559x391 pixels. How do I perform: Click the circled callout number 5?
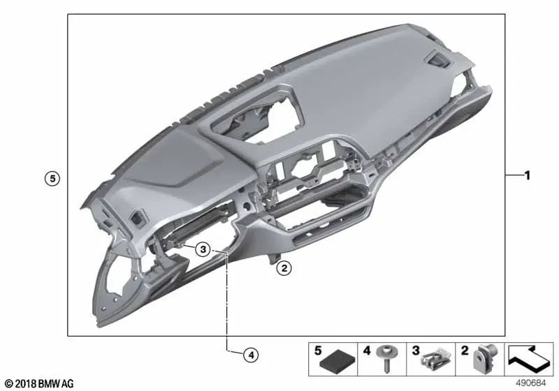tap(52, 179)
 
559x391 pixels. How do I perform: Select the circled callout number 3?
tap(203, 249)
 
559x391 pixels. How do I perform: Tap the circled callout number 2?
tap(284, 268)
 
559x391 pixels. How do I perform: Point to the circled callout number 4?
tap(251, 355)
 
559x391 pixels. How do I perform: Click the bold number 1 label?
tap(528, 175)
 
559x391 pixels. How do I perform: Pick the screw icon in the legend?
tap(386, 358)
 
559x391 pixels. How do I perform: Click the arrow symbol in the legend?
tap(529, 357)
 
